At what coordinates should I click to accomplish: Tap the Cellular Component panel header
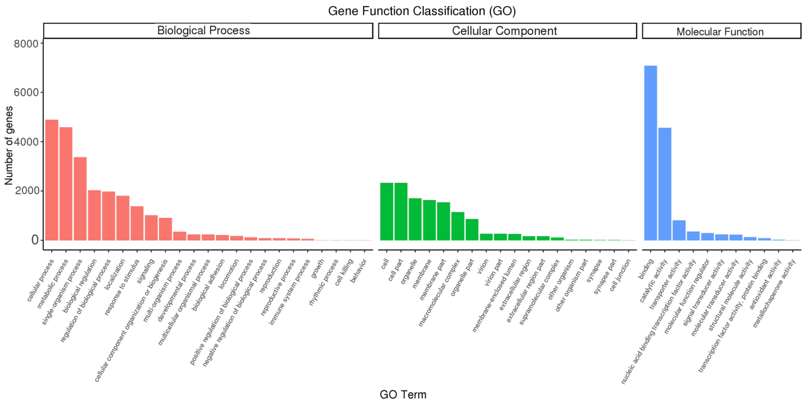click(x=507, y=31)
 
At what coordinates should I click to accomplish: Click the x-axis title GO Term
click(x=403, y=394)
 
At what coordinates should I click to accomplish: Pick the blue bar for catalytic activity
click(x=665, y=184)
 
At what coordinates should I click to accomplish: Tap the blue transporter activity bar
click(x=679, y=230)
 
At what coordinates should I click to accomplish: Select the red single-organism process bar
click(x=80, y=199)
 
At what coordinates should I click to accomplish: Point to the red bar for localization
click(x=123, y=218)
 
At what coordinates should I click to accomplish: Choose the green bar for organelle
click(x=415, y=219)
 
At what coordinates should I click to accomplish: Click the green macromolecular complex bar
click(x=458, y=226)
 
